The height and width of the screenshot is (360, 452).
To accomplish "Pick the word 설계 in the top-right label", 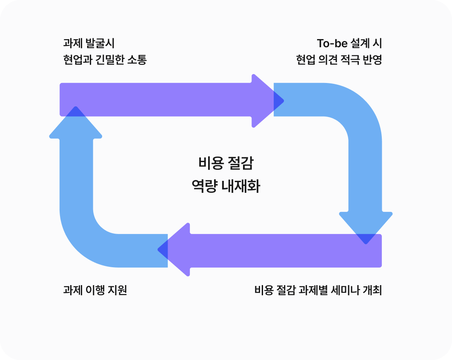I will (361, 43).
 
